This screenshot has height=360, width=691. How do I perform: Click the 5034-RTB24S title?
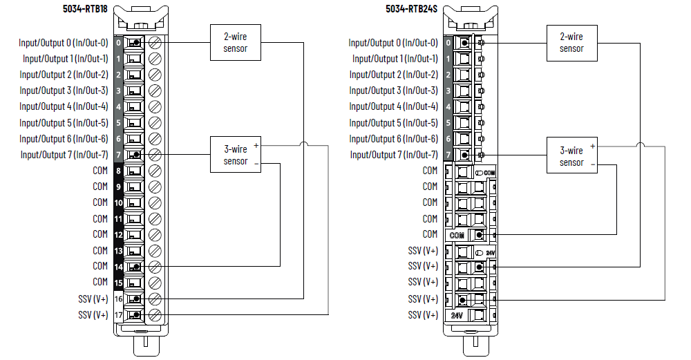tap(413, 9)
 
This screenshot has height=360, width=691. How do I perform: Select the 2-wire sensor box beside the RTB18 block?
tap(235, 42)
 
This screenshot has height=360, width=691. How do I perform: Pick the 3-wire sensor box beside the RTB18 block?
tap(235, 155)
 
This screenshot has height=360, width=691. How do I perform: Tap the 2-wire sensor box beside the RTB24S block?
tap(571, 42)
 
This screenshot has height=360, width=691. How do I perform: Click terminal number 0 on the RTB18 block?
tap(118, 43)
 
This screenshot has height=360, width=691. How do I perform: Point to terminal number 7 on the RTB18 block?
tap(118, 155)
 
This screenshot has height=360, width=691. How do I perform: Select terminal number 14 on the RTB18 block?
tap(118, 267)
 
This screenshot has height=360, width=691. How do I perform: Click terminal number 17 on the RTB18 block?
tap(118, 315)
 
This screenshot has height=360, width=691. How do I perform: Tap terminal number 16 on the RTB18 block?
tap(118, 299)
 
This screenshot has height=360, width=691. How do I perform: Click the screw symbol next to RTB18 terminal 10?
tap(155, 203)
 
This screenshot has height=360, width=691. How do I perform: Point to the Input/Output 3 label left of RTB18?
tap(64, 91)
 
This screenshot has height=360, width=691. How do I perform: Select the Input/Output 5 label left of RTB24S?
tap(393, 123)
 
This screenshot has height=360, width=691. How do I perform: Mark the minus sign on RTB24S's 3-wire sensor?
tap(592, 164)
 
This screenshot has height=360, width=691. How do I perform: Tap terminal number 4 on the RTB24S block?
tap(448, 107)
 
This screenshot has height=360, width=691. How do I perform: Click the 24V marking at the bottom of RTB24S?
tap(456, 315)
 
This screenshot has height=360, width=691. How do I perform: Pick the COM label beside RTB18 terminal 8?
tap(100, 170)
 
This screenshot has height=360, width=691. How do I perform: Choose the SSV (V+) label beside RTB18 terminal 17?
tap(93, 315)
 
